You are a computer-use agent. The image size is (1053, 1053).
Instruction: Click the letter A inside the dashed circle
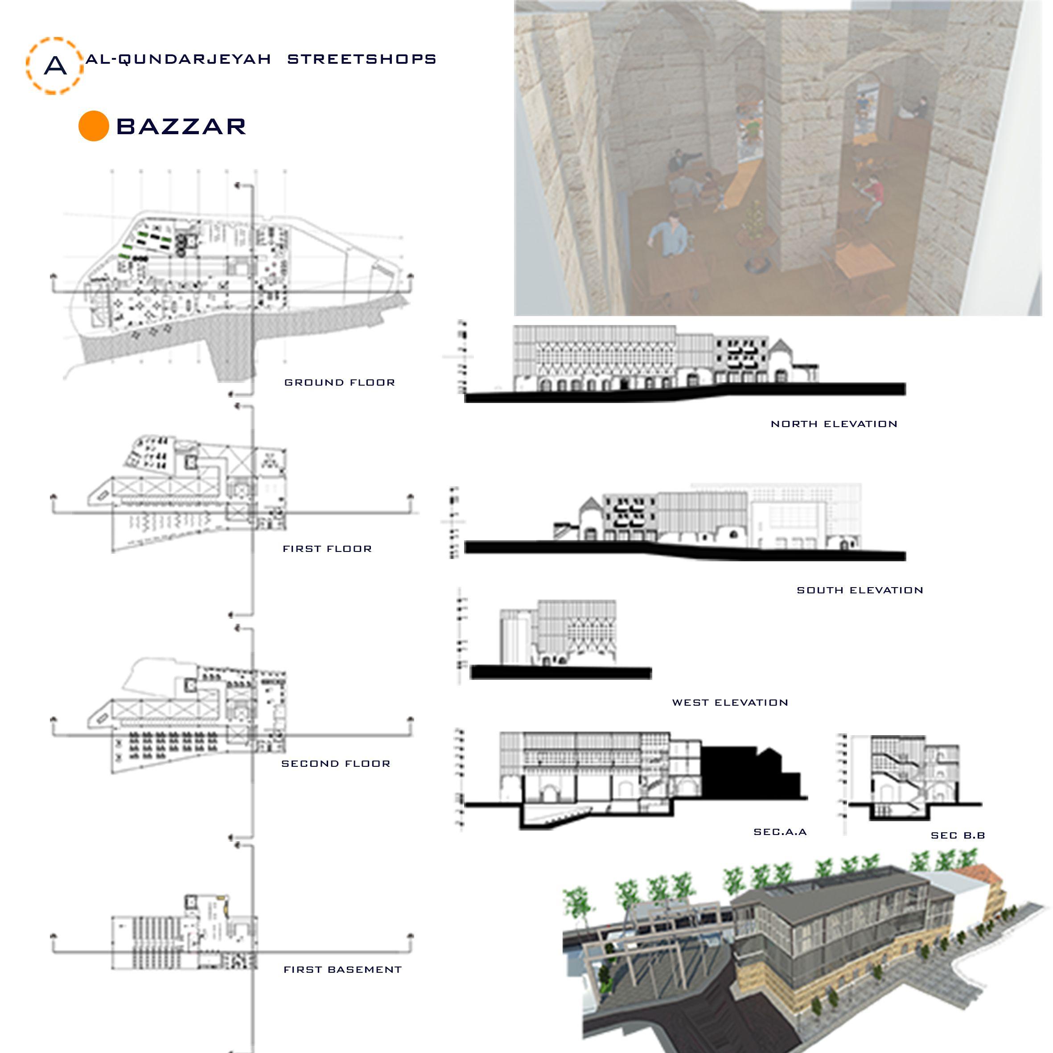tap(55, 66)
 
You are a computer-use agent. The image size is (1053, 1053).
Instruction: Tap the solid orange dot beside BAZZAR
tap(93, 126)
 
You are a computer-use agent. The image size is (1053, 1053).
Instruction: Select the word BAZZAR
tap(181, 127)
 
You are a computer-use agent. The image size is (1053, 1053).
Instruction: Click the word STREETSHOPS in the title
tap(362, 59)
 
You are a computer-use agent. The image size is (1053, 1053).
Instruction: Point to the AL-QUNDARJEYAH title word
tap(178, 59)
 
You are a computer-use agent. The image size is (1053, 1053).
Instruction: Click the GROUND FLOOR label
tap(340, 383)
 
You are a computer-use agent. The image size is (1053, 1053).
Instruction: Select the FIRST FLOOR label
tap(327, 549)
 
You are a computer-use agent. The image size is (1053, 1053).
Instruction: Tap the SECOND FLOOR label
tap(336, 764)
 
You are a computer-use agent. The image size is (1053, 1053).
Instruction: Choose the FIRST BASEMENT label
tap(342, 970)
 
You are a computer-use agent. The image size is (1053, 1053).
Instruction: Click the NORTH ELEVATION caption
tap(834, 424)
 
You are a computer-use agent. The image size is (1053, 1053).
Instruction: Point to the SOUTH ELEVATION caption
tap(860, 590)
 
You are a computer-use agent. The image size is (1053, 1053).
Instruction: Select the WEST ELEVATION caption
tap(730, 703)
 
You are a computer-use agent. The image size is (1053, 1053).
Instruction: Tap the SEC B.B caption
tap(958, 835)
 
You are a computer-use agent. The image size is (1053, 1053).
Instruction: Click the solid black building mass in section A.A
tap(747, 774)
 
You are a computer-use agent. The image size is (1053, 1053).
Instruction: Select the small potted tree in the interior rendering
tap(755, 218)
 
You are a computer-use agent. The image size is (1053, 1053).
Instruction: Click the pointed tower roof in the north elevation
tap(781, 346)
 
